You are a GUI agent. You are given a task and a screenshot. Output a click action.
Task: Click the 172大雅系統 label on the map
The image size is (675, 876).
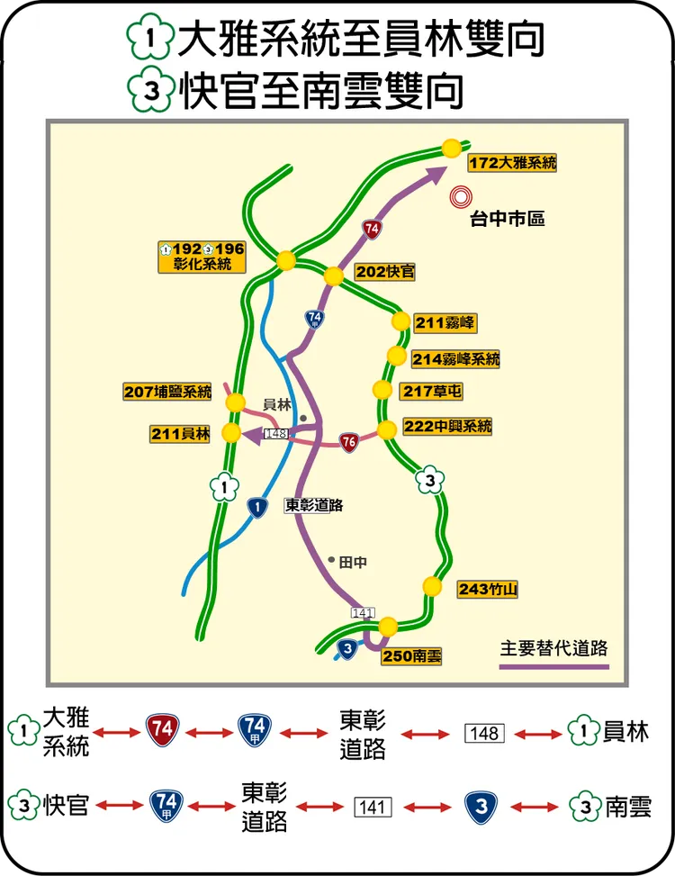tap(513, 163)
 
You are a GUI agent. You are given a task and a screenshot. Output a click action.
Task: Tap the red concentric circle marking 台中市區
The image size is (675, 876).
tap(462, 195)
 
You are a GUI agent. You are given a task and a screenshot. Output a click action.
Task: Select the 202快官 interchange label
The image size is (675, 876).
tap(384, 272)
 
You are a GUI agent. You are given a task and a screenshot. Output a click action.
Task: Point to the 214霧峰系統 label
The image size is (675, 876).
tap(456, 358)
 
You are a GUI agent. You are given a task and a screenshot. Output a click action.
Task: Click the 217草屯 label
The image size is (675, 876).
tap(432, 392)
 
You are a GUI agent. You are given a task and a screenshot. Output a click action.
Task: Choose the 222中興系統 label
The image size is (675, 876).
tap(447, 427)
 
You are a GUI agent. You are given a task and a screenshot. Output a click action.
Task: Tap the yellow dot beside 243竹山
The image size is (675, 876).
tap(433, 586)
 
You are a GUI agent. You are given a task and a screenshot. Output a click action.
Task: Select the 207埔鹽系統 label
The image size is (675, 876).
tap(167, 392)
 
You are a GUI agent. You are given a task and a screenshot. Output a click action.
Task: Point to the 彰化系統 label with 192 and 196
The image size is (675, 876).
tap(202, 257)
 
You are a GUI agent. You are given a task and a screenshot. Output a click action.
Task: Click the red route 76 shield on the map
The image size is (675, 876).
tap(349, 442)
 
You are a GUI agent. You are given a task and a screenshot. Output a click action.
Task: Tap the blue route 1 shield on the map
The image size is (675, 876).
tap(257, 509)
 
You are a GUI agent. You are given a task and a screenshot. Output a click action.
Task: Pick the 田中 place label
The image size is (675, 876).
tap(353, 562)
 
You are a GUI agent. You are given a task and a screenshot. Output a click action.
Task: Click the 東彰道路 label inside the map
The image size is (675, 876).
tap(314, 505)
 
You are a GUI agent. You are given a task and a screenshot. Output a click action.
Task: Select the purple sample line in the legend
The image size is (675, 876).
tap(554, 667)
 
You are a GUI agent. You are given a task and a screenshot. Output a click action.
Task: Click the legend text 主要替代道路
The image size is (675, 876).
tap(554, 647)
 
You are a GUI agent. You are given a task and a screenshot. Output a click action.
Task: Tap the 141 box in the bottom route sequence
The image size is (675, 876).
tap(372, 807)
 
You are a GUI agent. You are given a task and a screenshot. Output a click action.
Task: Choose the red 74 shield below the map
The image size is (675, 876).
tap(162, 730)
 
